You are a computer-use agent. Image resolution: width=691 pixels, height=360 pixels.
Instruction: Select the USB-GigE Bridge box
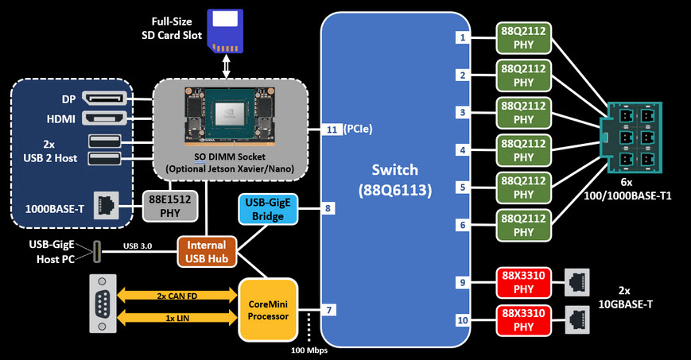266,209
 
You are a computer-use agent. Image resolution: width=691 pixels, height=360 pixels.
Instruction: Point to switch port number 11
331,129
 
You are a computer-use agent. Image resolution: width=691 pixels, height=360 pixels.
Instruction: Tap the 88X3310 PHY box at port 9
522,282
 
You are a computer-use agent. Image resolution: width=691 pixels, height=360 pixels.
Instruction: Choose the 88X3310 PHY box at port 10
522,319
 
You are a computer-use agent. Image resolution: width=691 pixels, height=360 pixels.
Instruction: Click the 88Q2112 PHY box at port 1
522,37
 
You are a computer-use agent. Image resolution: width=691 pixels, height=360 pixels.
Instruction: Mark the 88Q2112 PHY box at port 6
522,225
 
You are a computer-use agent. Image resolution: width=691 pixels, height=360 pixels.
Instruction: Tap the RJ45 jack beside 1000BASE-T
103,205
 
